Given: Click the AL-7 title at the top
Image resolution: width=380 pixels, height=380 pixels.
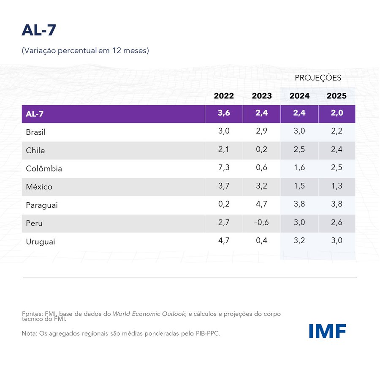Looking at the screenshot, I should pos(39,30).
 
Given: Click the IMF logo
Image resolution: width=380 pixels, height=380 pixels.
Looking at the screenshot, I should pos(327,331).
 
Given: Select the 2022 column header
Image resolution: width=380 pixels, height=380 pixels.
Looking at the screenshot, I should pos(224,96).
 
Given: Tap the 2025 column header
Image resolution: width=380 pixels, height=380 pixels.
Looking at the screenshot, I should pos(337,96).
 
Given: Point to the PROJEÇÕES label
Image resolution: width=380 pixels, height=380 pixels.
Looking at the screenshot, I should pos(318,78).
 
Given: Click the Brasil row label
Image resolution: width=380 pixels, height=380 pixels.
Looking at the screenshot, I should pos(35,132).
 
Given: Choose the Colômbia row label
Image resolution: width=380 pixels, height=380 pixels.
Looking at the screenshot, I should pos(44,168).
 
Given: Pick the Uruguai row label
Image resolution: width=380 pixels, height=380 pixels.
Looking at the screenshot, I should pos(41,242).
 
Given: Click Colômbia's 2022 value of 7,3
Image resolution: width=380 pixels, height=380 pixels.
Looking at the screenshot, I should pos(224,168).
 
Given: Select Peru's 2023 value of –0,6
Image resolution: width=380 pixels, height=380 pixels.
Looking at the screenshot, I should pos(262,223).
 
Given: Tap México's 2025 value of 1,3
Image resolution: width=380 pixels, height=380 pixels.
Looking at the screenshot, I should pos(337,186).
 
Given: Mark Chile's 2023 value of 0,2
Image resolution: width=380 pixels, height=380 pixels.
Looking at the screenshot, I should pos(262,150).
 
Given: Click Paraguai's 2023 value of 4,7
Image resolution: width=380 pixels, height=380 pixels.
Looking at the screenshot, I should pos(262,205).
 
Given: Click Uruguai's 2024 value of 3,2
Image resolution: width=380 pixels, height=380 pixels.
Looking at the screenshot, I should pos(299,241).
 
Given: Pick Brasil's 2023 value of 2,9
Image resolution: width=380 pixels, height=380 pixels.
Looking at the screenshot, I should pos(262,131).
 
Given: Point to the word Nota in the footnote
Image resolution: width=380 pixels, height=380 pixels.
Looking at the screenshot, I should pos(29,334).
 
